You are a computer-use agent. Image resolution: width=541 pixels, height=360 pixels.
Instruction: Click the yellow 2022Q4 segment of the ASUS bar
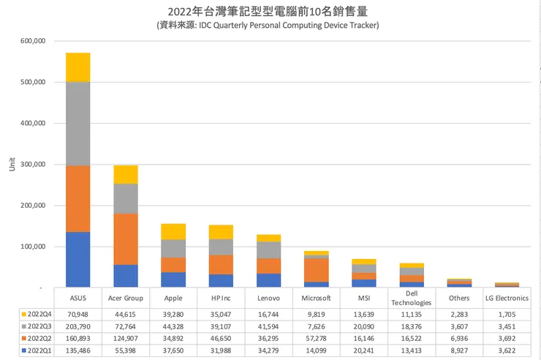coord(77,67)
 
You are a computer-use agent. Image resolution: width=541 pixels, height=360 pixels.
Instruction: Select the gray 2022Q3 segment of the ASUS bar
coord(77,124)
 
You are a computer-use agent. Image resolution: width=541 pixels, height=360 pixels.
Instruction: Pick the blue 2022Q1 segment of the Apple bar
coord(173,280)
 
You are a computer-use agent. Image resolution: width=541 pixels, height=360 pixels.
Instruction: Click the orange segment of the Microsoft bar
coord(316,270)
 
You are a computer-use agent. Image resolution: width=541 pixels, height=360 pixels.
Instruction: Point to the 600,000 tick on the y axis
coord(32,41)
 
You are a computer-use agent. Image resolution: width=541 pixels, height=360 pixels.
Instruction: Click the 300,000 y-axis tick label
coord(32,165)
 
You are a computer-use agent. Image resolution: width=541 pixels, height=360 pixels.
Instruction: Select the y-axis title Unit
coord(11,164)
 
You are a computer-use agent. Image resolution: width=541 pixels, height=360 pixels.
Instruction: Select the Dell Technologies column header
coord(412,299)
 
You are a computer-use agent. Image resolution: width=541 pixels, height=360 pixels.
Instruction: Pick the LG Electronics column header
coord(507,299)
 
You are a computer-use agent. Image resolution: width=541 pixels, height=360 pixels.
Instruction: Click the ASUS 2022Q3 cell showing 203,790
coord(77,326)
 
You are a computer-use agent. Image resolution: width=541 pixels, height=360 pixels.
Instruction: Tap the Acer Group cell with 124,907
coord(125,339)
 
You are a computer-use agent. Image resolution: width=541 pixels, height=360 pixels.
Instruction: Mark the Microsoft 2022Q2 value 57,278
coord(316,339)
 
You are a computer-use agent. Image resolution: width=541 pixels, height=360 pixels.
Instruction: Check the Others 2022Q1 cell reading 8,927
coord(459,352)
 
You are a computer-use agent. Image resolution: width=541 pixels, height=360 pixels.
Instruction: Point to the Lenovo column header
coord(268,299)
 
